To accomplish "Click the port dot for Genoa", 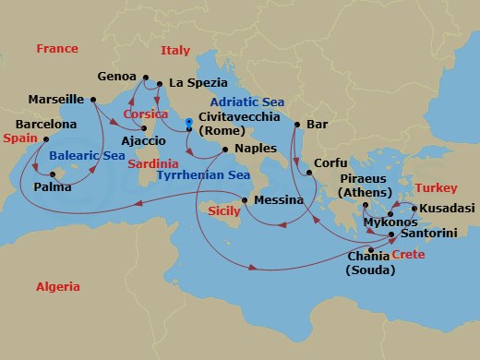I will point(145,77).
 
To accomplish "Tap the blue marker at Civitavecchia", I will point(187,120).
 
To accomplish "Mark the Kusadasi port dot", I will point(414,209).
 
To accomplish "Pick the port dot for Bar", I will point(297,123).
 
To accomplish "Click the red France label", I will point(57,49).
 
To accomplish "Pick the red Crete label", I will point(410,253).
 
